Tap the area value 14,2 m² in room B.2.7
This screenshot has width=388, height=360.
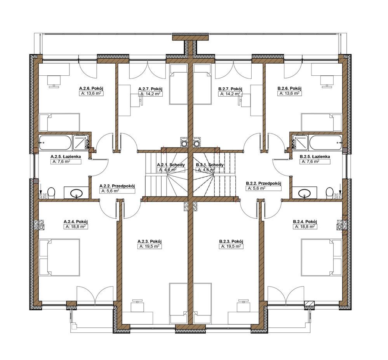point(230,94)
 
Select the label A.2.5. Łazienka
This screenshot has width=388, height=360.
point(66,157)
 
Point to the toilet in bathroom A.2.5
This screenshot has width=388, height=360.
point(51,193)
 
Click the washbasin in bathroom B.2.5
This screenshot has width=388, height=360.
point(304,193)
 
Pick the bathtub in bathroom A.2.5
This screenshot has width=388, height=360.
point(55,143)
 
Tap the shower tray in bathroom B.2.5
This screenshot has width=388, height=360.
point(300,142)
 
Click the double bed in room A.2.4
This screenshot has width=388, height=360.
point(60,257)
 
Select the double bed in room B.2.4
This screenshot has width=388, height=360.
point(322,257)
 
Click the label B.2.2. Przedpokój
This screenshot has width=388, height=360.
point(264,183)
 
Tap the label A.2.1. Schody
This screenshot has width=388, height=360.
point(171,165)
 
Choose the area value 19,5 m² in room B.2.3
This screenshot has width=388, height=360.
point(230,247)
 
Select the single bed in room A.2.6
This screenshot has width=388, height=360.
point(60,122)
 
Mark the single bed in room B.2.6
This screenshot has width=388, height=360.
point(322,122)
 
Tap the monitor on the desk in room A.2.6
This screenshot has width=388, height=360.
point(54,81)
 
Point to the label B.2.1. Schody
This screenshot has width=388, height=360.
point(210,165)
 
